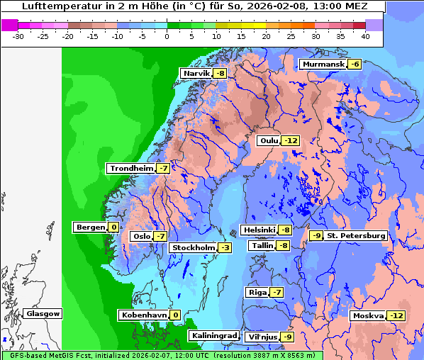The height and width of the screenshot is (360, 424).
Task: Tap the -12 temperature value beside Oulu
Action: tap(291, 140)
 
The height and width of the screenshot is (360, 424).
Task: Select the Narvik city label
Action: tap(196, 74)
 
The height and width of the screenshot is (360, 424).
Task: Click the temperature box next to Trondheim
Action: tap(163, 169)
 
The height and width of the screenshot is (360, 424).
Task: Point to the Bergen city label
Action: tap(90, 227)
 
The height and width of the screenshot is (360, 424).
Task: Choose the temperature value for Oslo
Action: tap(161, 237)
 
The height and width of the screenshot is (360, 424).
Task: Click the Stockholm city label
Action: tap(192, 247)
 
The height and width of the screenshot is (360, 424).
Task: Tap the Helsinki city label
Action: tap(259, 230)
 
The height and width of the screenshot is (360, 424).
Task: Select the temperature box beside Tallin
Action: tap(283, 246)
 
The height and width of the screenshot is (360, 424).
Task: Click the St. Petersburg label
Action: tap(356, 235)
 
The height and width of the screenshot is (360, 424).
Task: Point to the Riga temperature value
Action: tap(277, 293)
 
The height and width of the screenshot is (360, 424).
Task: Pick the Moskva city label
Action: tap(368, 315)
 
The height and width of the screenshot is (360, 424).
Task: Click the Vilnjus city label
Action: tap(261, 337)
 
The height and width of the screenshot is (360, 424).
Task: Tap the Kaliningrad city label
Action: tap(213, 335)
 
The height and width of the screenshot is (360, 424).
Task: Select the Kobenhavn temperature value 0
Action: tap(175, 315)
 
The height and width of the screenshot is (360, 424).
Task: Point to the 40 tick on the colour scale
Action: tap(364, 35)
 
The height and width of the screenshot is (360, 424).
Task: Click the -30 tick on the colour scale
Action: tap(18, 35)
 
